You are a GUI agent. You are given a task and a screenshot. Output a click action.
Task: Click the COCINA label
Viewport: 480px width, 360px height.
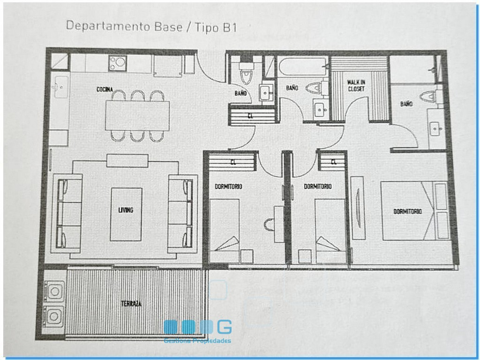105,90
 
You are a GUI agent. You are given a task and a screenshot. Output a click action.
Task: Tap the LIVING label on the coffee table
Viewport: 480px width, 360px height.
126,210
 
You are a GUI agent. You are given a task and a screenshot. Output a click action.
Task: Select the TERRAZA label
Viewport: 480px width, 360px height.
131,304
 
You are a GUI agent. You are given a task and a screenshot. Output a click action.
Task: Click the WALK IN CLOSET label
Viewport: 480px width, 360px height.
356,85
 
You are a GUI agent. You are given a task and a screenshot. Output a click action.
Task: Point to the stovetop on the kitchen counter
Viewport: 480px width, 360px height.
117,63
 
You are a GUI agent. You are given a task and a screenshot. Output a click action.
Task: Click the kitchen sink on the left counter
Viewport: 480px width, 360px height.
61,87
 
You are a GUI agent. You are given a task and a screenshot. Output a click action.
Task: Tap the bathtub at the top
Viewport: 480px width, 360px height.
303,66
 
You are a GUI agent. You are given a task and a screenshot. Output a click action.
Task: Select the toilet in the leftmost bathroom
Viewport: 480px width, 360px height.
246,73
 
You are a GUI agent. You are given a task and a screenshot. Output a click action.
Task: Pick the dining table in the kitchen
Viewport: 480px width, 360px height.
137,116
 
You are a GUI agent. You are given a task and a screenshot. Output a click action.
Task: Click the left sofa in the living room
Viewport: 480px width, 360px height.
67,213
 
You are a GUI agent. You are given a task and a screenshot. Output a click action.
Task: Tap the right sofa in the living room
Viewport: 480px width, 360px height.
183,214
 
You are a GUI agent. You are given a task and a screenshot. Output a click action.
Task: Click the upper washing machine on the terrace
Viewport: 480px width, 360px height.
54,291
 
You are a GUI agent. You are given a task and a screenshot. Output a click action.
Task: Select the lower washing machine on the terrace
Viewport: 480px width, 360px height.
54,316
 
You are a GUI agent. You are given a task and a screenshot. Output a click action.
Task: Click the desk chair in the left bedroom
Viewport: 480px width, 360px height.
269,225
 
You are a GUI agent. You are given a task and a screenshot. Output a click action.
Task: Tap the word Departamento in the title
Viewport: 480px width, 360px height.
109,26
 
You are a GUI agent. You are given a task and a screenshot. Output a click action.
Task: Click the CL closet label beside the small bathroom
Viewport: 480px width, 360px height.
250,116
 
